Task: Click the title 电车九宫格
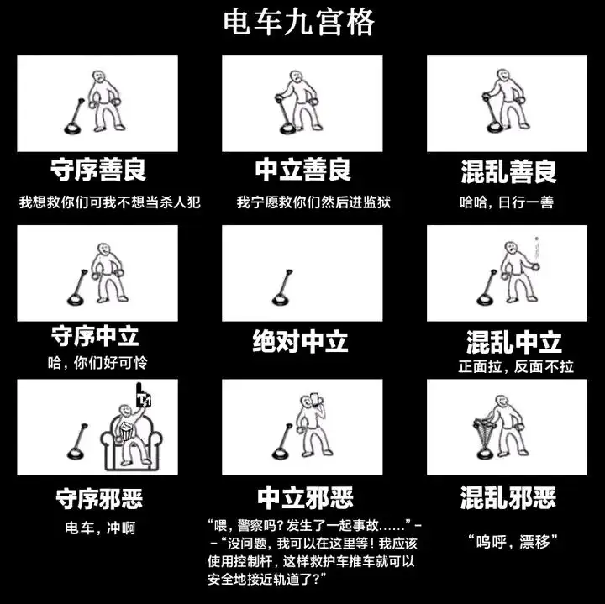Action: click(x=299, y=23)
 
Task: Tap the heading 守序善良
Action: click(x=98, y=170)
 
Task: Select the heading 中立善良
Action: click(x=302, y=170)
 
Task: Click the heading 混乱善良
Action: click(x=508, y=171)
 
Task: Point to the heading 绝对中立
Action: click(x=300, y=341)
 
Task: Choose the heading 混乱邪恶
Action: click(x=508, y=497)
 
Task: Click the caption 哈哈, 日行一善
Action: click(x=507, y=202)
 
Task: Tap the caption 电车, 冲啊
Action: click(x=100, y=528)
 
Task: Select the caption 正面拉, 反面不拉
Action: click(x=516, y=366)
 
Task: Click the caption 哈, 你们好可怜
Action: click(x=97, y=363)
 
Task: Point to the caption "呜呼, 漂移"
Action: click(x=513, y=542)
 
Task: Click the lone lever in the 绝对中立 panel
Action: click(x=282, y=287)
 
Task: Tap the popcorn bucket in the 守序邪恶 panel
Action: click(x=126, y=431)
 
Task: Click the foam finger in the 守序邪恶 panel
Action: click(x=143, y=395)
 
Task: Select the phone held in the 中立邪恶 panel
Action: click(x=314, y=399)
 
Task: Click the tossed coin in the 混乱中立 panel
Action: click(x=536, y=239)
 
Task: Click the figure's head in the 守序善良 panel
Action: click(x=99, y=77)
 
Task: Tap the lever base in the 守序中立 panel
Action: click(x=76, y=299)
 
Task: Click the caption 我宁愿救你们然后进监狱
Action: click(x=313, y=202)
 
